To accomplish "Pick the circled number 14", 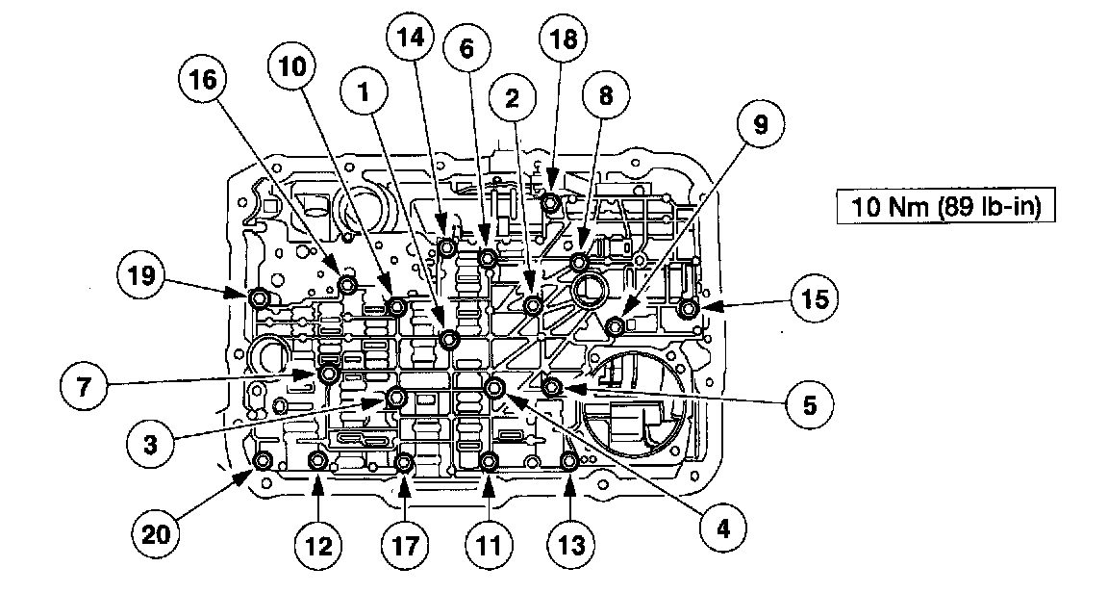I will [x=410, y=39].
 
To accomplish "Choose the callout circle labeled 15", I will [x=814, y=300].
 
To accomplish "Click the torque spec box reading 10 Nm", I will [x=938, y=205].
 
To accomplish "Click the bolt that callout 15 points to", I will [x=689, y=309].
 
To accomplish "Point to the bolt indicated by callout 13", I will [x=568, y=462].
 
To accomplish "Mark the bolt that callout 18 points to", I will [x=550, y=202].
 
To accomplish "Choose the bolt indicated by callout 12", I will [x=317, y=462].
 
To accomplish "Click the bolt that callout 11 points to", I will [x=489, y=461].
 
